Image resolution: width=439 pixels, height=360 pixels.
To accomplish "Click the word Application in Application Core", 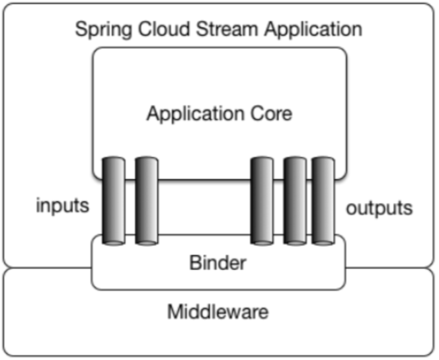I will pos(193,114).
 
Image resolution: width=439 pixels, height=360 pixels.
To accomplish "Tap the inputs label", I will pos(62,205).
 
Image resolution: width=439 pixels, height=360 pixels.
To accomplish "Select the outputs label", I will pos(379,208).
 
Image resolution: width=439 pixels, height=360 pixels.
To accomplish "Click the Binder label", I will pos(218,263).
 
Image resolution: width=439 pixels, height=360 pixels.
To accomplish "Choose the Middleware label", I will pos(218,311).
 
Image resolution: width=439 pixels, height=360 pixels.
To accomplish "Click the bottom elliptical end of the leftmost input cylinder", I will pos(113,241).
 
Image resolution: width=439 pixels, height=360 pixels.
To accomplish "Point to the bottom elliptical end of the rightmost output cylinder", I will pos(323,241).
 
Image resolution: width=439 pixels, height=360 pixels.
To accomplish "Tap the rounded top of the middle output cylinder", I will pos(294,161).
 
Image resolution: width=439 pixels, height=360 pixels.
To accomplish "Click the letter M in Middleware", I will pos(173,311).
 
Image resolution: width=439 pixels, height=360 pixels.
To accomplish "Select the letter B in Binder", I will pos(194,263).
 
